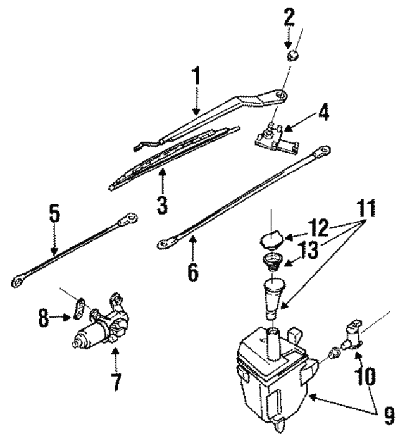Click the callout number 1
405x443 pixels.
[196, 76]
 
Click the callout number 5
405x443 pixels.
[54, 214]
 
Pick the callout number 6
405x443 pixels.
[193, 271]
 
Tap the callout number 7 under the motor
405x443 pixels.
[116, 382]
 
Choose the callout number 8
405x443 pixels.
[44, 318]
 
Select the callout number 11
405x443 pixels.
[366, 208]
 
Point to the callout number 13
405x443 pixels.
[309, 250]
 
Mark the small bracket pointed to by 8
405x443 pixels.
[79, 309]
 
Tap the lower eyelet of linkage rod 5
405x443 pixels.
[18, 280]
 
